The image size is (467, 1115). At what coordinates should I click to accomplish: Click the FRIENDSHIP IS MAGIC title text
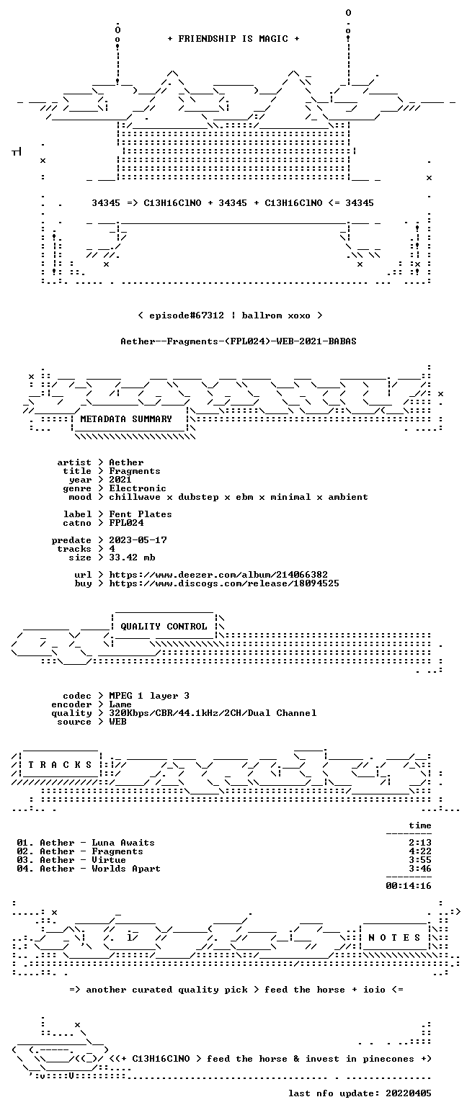pyautogui.click(x=233, y=39)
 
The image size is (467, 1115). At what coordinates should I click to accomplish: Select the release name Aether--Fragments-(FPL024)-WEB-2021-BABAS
pyautogui.click(x=239, y=341)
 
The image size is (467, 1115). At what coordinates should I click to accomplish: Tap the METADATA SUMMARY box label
pyautogui.click(x=126, y=419)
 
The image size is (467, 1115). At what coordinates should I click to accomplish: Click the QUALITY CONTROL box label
pyautogui.click(x=164, y=627)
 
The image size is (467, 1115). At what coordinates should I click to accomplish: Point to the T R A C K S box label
pyautogui.click(x=61, y=764)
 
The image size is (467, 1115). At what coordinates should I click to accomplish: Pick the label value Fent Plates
pyautogui.click(x=141, y=514)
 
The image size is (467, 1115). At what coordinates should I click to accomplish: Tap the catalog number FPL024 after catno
pyautogui.click(x=126, y=523)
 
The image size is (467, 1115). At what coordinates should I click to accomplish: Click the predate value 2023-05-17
pyautogui.click(x=138, y=540)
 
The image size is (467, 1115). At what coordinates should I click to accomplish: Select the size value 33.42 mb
pyautogui.click(x=132, y=557)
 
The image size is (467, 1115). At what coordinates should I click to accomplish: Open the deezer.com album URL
pyautogui.click(x=218, y=575)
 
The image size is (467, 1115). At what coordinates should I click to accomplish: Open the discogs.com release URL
pyautogui.click(x=224, y=583)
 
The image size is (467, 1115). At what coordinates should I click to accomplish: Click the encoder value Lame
pyautogui.click(x=120, y=704)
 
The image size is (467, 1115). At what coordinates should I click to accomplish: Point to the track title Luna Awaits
pyautogui.click(x=123, y=843)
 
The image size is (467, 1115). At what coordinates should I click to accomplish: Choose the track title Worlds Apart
pyautogui.click(x=126, y=869)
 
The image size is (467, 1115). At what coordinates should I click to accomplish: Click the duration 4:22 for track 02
pyautogui.click(x=419, y=851)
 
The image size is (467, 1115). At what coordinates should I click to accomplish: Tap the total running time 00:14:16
pyautogui.click(x=408, y=886)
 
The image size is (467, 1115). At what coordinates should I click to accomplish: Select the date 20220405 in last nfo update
pyautogui.click(x=408, y=1093)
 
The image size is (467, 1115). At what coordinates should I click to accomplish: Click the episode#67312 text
pyautogui.click(x=187, y=315)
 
